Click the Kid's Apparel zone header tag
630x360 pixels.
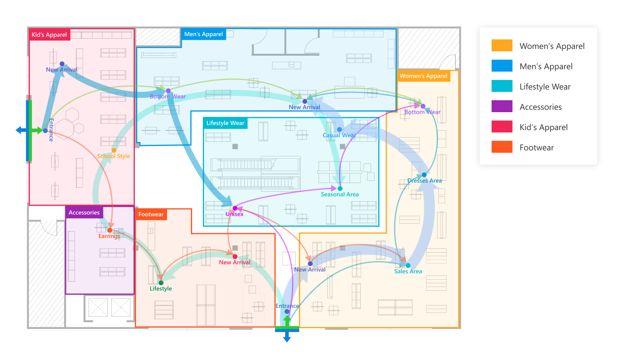point(49,35)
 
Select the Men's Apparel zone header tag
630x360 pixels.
point(203,34)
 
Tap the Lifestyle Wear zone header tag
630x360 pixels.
point(225,123)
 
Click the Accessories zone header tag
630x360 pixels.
point(84,212)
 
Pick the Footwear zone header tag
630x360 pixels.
point(151,214)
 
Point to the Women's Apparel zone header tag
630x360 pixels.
point(423,76)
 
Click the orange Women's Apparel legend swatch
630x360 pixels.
point(502,46)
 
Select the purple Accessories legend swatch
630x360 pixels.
point(502,107)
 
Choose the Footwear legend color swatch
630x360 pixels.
point(502,147)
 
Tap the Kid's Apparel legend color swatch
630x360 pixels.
point(502,127)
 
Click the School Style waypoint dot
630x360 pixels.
point(114,150)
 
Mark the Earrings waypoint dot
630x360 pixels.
point(110,230)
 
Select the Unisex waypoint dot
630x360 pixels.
point(235,208)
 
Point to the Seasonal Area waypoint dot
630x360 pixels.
point(340,189)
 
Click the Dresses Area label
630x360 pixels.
point(424,181)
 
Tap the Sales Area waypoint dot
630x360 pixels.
point(408,265)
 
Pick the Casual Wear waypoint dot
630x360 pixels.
point(339,129)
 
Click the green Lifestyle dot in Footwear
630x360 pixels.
point(161,283)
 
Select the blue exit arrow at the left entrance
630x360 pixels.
point(20,130)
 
